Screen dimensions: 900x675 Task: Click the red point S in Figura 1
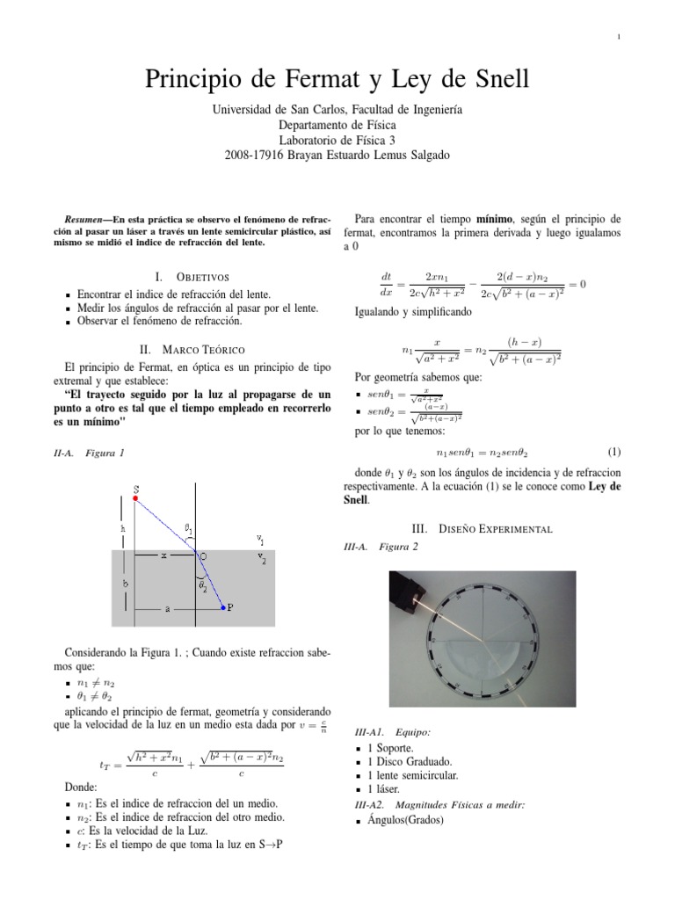click(x=135, y=498)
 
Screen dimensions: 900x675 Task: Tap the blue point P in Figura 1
click(x=223, y=606)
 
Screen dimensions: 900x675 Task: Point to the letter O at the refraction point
click(x=205, y=555)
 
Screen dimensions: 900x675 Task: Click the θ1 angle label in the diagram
click(x=188, y=529)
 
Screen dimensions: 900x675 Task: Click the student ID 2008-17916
click(x=255, y=155)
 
